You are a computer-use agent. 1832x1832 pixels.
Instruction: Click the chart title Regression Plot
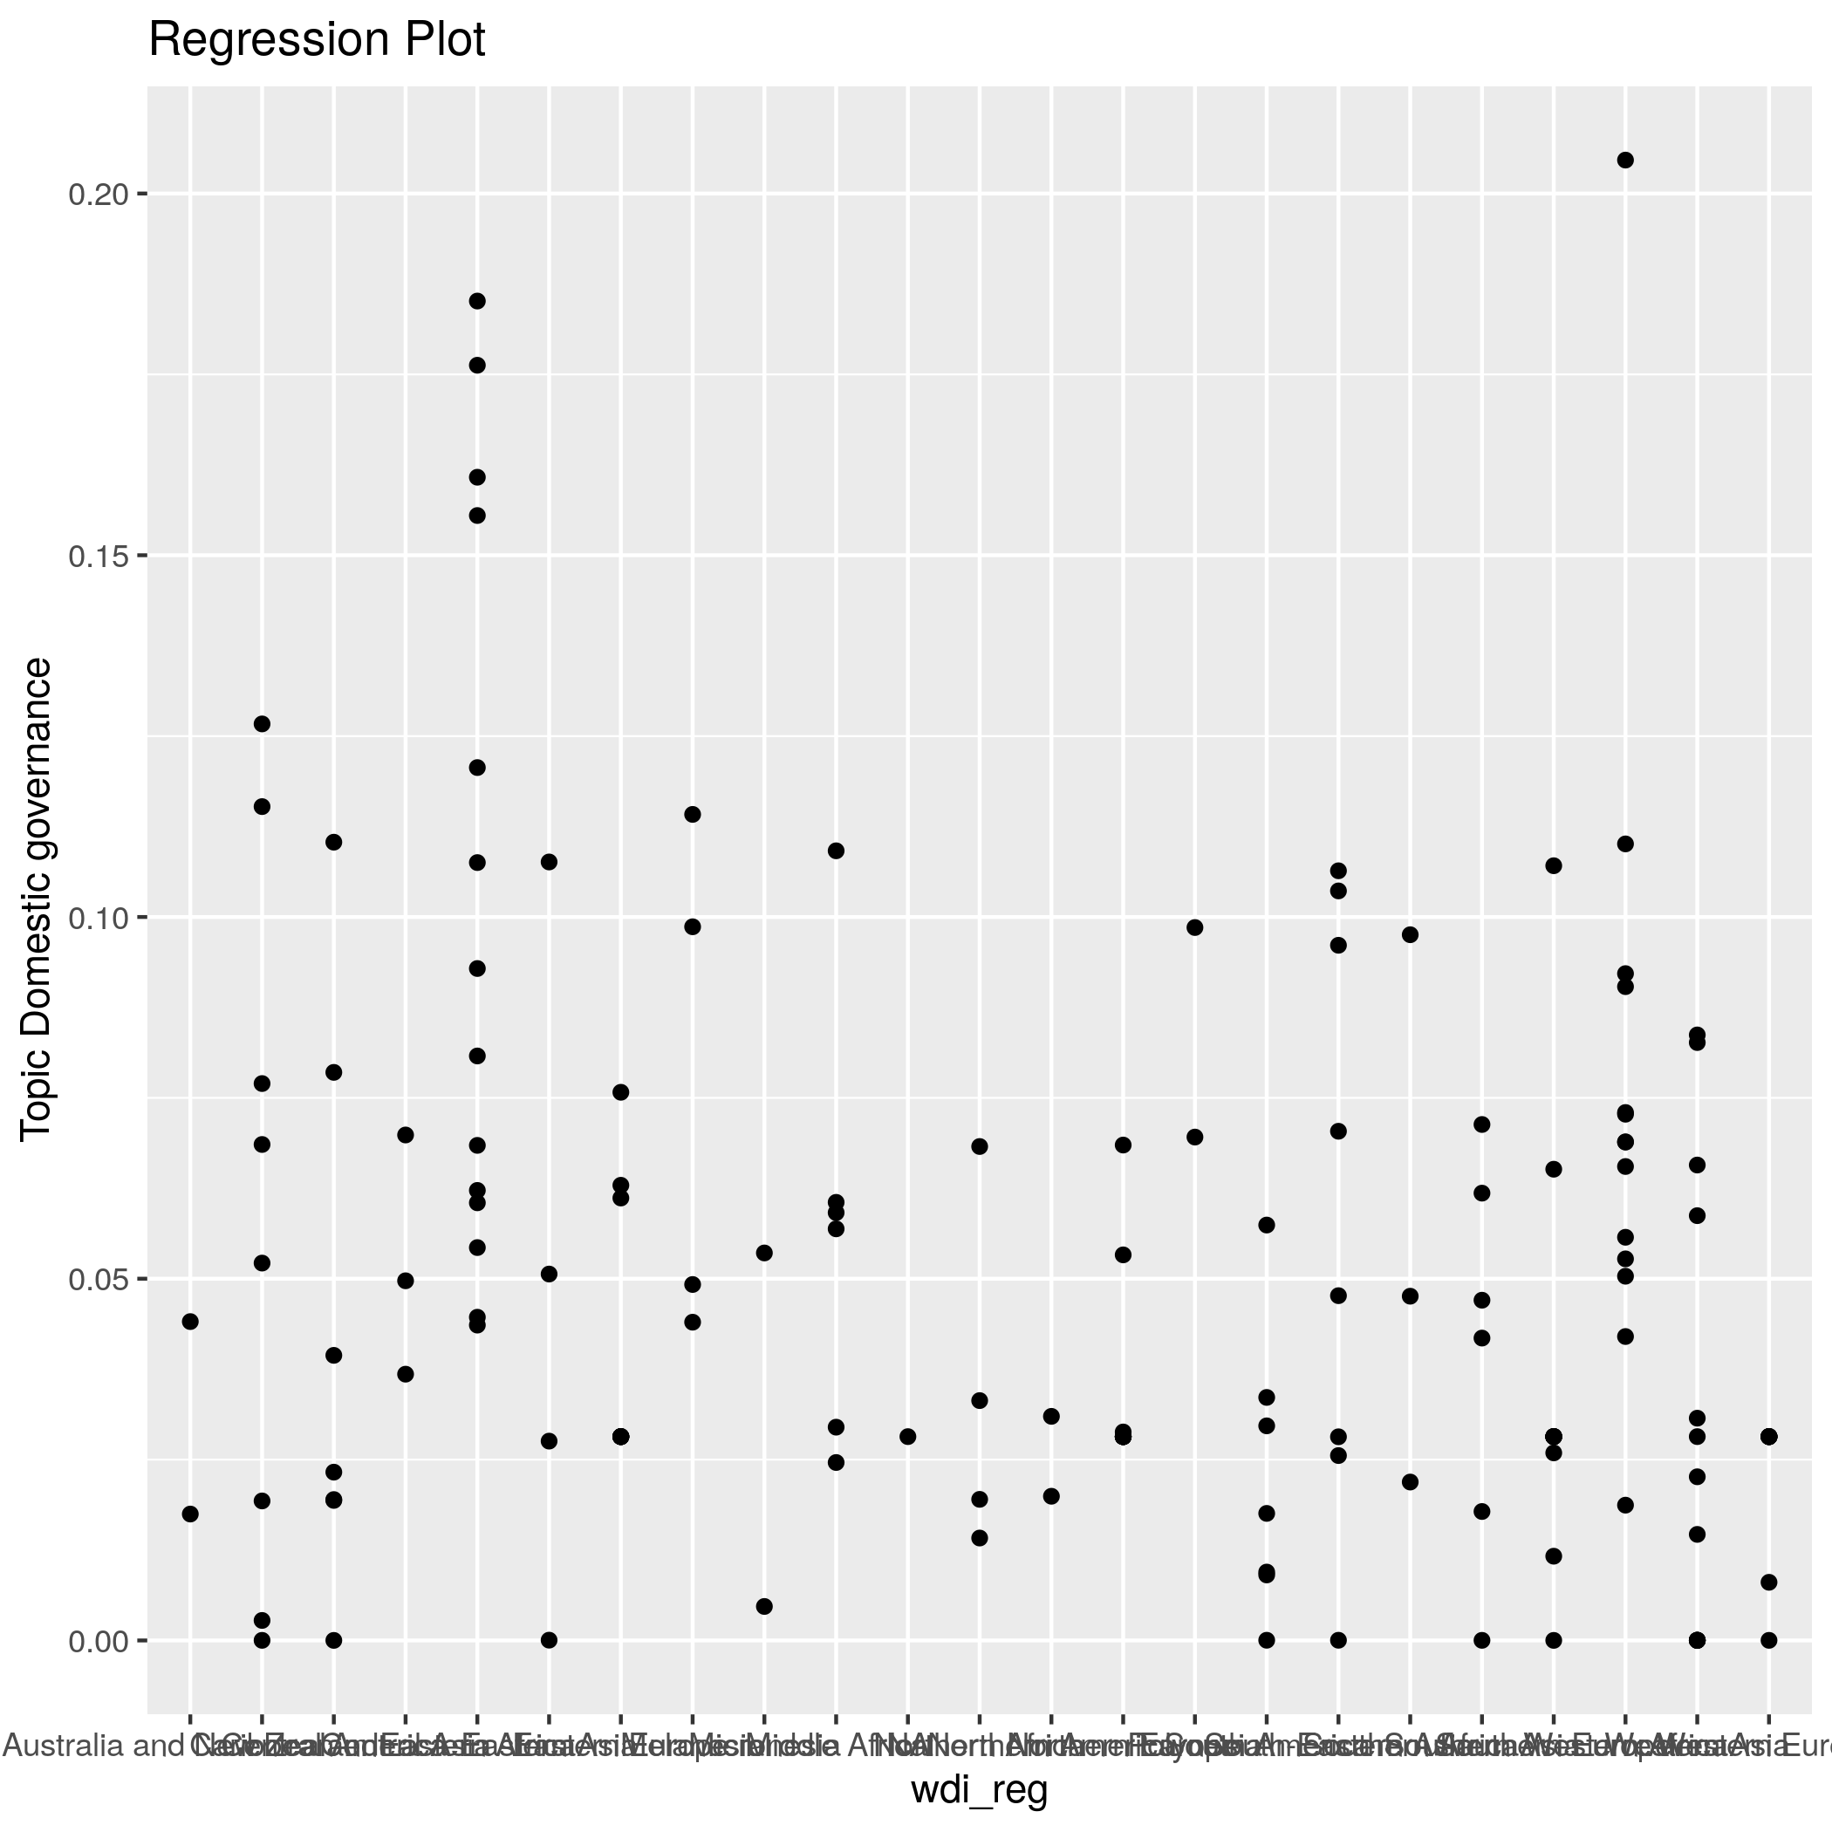pyautogui.click(x=317, y=41)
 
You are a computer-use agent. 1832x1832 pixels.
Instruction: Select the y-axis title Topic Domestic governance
pyautogui.click(x=36, y=899)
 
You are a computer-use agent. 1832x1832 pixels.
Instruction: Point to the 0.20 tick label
pyautogui.click(x=98, y=195)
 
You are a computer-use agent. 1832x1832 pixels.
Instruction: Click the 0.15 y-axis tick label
pyautogui.click(x=98, y=556)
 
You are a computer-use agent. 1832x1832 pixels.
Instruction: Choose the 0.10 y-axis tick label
pyautogui.click(x=98, y=918)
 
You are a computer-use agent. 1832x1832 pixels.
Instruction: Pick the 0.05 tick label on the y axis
pyautogui.click(x=98, y=1279)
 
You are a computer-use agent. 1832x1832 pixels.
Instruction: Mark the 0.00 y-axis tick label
pyautogui.click(x=98, y=1640)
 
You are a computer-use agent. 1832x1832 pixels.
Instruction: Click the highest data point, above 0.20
pyautogui.click(x=1625, y=161)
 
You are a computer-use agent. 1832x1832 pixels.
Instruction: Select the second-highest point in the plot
pyautogui.click(x=478, y=302)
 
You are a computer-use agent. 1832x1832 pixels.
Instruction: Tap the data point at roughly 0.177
pyautogui.click(x=478, y=365)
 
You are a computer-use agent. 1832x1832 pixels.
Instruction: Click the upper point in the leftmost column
pyautogui.click(x=190, y=1322)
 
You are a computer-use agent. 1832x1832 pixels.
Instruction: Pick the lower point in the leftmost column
pyautogui.click(x=190, y=1514)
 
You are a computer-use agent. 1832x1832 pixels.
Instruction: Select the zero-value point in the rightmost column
pyautogui.click(x=1768, y=1640)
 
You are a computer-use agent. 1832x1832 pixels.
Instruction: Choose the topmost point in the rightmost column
pyautogui.click(x=1768, y=1437)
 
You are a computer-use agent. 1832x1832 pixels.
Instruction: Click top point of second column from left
pyautogui.click(x=263, y=724)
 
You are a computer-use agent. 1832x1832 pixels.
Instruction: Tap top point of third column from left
pyautogui.click(x=334, y=842)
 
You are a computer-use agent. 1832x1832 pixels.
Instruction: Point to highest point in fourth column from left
pyautogui.click(x=406, y=1135)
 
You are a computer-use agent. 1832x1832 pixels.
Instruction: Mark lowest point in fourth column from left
pyautogui.click(x=406, y=1374)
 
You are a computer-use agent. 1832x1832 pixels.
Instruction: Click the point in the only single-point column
pyautogui.click(x=907, y=1437)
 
